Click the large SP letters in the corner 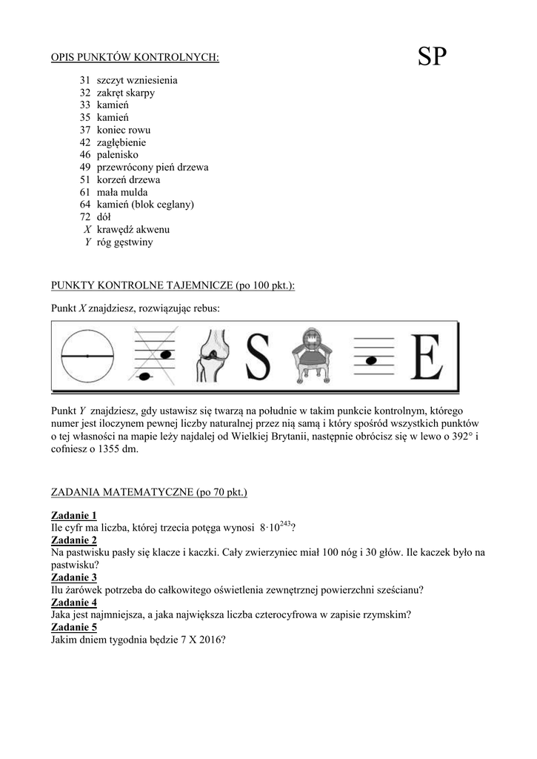pyautogui.click(x=432, y=56)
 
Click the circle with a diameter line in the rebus pyautogui.click(x=87, y=357)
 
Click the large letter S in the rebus pyautogui.click(x=257, y=357)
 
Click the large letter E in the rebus pyautogui.click(x=427, y=357)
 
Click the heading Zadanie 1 pyautogui.click(x=74, y=515)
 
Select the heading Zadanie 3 pyautogui.click(x=74, y=577)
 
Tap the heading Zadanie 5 pyautogui.click(x=74, y=627)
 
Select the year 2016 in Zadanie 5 pyautogui.click(x=211, y=640)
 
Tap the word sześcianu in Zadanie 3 pyautogui.click(x=399, y=590)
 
